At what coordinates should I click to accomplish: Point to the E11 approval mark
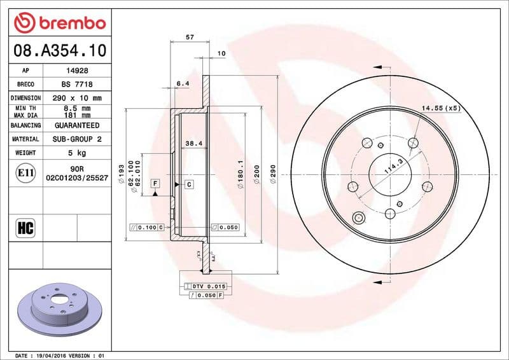(26, 172)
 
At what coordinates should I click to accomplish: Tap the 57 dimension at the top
(189, 38)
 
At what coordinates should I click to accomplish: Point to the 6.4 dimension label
(182, 83)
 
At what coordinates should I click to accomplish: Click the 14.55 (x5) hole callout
(441, 109)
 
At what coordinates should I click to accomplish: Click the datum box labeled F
(154, 183)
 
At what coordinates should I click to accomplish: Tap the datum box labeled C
(189, 184)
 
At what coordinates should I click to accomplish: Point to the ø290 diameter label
(273, 174)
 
